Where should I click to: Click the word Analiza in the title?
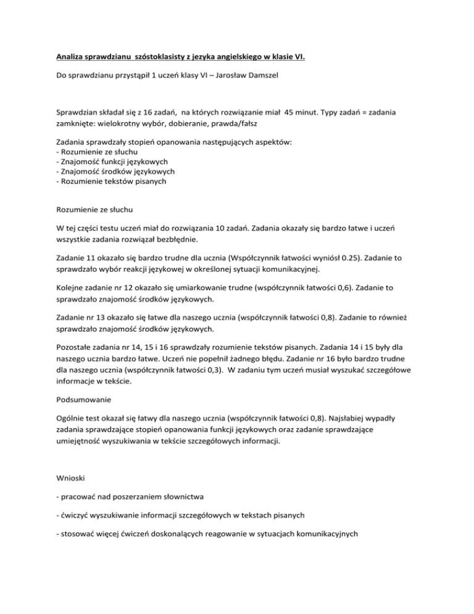click(70, 58)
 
